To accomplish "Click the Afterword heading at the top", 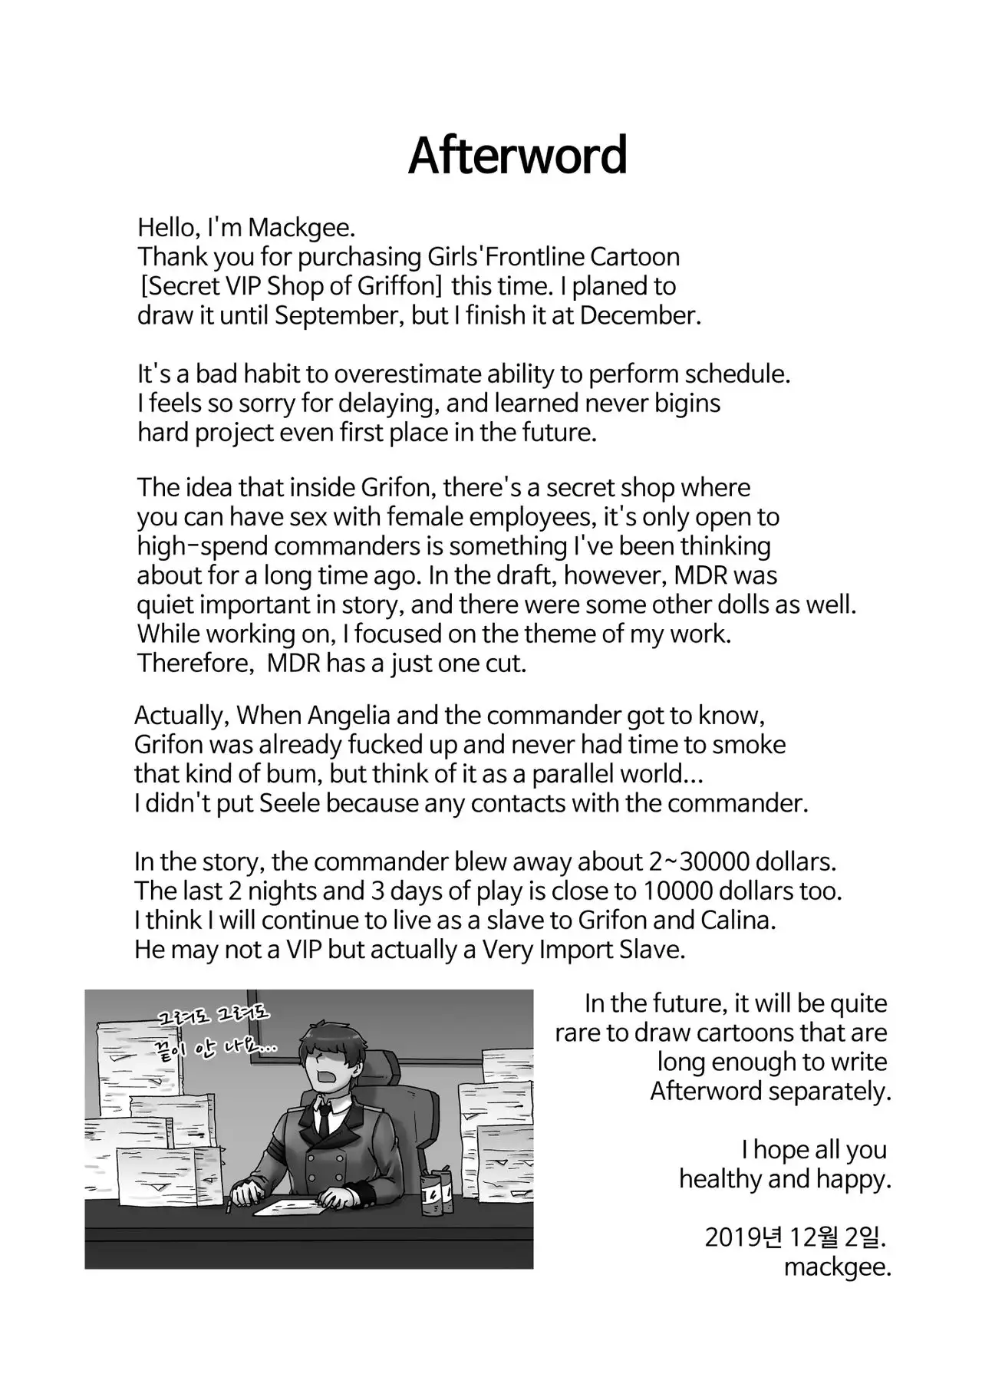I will (x=517, y=156).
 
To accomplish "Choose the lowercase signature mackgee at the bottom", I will (x=836, y=1266).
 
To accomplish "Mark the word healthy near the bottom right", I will (x=719, y=1178).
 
